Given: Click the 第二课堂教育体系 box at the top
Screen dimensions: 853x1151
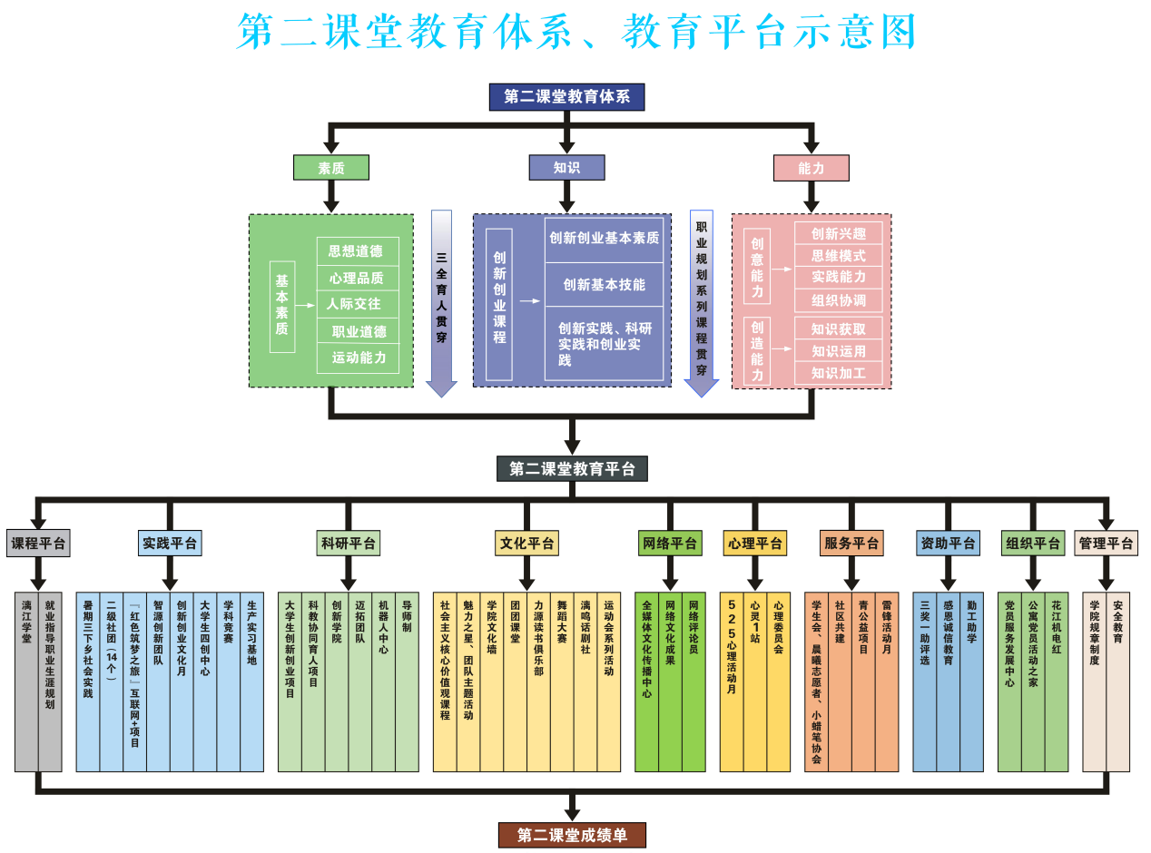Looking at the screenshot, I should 566,97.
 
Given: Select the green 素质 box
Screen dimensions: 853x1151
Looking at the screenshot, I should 330,168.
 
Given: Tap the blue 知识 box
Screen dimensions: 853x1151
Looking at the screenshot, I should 566,168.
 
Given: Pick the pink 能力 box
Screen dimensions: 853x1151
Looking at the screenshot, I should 811,168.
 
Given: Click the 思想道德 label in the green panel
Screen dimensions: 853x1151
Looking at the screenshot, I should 357,251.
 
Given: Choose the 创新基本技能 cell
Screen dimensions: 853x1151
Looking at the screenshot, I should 604,285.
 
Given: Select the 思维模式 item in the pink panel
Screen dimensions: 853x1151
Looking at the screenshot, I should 838,256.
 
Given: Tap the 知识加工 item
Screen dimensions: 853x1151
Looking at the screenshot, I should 838,373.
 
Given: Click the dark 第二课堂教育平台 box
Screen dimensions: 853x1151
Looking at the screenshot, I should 572,469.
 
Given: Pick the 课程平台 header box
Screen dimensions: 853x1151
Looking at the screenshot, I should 38,544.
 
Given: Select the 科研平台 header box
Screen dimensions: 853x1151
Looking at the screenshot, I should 349,544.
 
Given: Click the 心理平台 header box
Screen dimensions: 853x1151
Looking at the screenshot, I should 754,544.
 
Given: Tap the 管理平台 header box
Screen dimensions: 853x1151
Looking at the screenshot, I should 1106,544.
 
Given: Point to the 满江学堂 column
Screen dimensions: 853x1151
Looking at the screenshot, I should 26,681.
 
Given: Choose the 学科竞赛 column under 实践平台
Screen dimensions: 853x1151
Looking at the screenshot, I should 228,681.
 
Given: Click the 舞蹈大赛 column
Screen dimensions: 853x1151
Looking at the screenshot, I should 562,681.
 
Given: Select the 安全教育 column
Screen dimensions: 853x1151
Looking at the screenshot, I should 1117,681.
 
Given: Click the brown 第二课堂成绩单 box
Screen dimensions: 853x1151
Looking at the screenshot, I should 572,835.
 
